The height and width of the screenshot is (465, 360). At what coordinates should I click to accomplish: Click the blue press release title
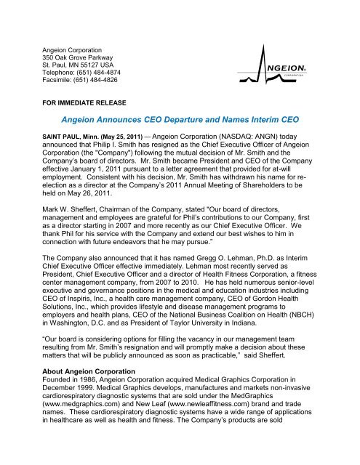[x=180, y=121]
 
